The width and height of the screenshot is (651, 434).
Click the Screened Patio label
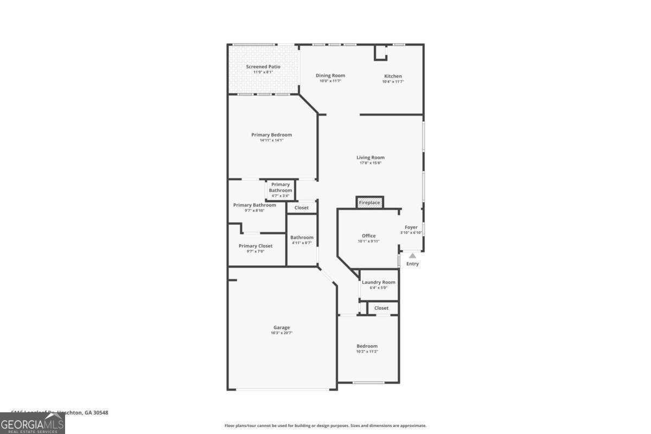coord(263,67)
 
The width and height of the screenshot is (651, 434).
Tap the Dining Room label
coord(330,75)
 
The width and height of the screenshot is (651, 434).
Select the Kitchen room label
coord(393,76)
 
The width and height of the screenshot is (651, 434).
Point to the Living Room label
coord(371,158)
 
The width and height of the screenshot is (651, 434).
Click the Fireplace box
coord(370,202)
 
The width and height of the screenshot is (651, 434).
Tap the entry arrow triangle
coord(412,256)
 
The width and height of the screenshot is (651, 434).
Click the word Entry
coord(412,264)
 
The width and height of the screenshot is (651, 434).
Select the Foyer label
coord(411,227)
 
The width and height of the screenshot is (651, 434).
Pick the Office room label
coord(369,236)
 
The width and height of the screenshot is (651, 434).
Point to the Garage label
coord(282,328)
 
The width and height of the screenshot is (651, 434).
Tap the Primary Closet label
coord(256,246)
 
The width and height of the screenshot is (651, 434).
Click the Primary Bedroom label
coord(271,135)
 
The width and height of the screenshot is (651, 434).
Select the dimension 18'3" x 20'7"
coord(282,333)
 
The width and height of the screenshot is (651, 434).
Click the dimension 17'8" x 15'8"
coord(371,163)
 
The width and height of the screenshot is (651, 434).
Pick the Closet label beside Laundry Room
coord(381,308)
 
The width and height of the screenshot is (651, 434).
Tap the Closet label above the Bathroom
coord(302,208)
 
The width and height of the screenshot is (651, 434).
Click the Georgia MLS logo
coord(33,423)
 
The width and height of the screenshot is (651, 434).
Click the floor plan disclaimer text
coord(325,426)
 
